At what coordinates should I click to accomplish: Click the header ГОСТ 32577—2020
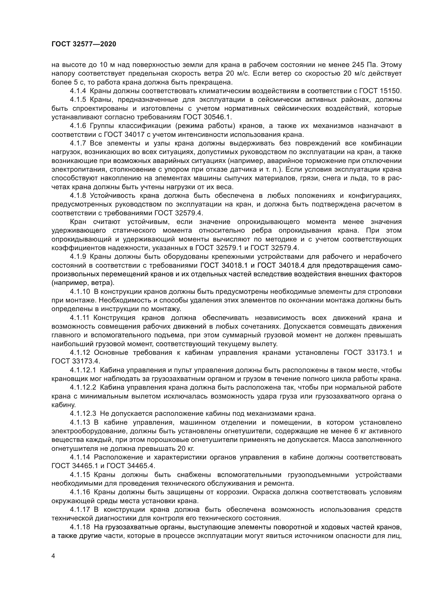tap(84, 44)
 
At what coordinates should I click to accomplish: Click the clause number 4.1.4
tap(78, 91)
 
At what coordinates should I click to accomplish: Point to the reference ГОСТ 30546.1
tap(208, 117)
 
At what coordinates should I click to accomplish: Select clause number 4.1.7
tap(78, 143)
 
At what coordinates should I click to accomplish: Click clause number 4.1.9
tap(78, 257)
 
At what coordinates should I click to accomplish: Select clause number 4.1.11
tap(79, 318)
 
